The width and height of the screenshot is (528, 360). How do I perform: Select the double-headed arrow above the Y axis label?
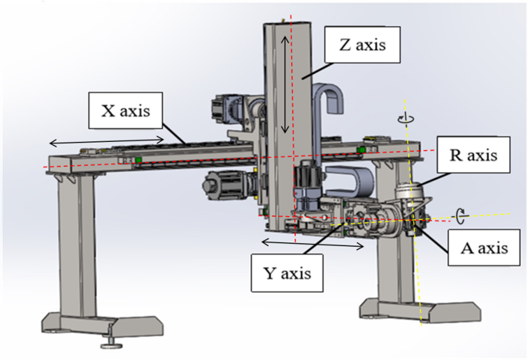point(313,244)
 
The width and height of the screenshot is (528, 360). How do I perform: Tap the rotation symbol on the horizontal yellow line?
point(460,215)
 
